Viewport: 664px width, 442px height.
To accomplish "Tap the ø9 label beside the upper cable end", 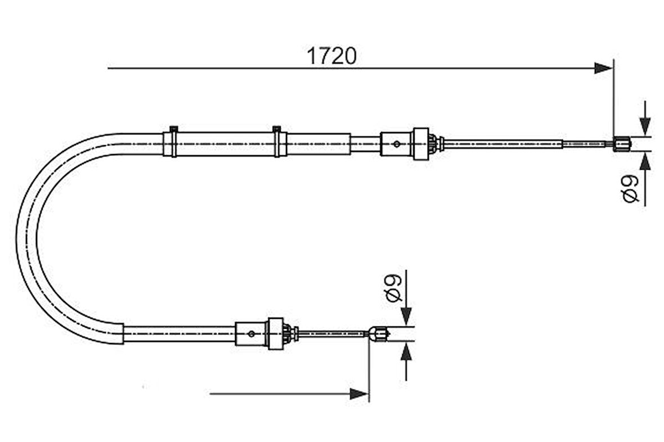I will tap(630, 190).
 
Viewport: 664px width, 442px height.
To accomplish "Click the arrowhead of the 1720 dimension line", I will tap(603, 69).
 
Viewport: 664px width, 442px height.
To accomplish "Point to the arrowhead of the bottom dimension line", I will tap(359, 394).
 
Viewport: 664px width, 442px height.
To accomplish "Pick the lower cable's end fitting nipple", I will tap(378, 334).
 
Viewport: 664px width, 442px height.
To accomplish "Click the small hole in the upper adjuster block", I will tap(397, 144).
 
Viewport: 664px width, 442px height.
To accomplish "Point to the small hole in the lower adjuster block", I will tap(251, 334).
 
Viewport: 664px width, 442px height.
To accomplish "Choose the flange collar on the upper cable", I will tap(420, 144).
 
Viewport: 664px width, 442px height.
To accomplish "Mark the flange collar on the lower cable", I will tap(275, 333).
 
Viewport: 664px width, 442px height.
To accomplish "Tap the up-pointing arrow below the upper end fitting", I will tap(645, 163).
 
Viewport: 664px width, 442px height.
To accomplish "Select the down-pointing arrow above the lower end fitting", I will tap(406, 315).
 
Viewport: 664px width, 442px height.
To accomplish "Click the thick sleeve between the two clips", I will tap(225, 144).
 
